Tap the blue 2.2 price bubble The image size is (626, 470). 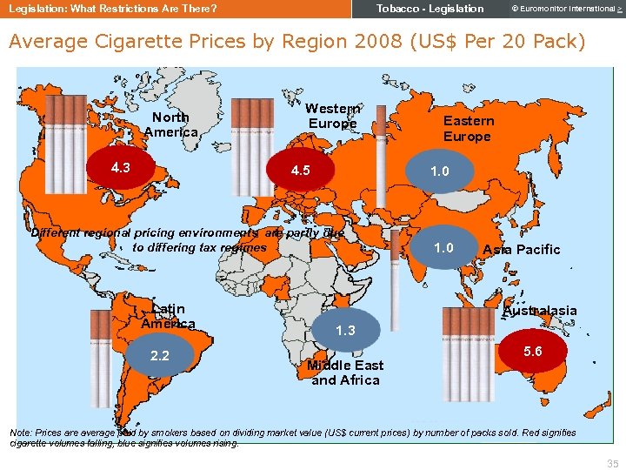point(160,355)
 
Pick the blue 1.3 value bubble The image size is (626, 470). point(345,330)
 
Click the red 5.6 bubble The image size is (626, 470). point(533,352)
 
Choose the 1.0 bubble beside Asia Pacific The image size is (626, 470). point(443,247)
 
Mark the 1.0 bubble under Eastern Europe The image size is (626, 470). point(440,171)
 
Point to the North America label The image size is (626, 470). point(170,124)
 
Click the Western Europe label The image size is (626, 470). point(332,116)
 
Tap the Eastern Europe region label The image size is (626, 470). point(468,128)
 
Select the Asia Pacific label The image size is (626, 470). point(522,250)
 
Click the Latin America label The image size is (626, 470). point(168,316)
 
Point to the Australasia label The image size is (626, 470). point(539,311)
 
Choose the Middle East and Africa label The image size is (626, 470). point(345,373)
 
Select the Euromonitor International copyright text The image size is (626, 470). point(563,9)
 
